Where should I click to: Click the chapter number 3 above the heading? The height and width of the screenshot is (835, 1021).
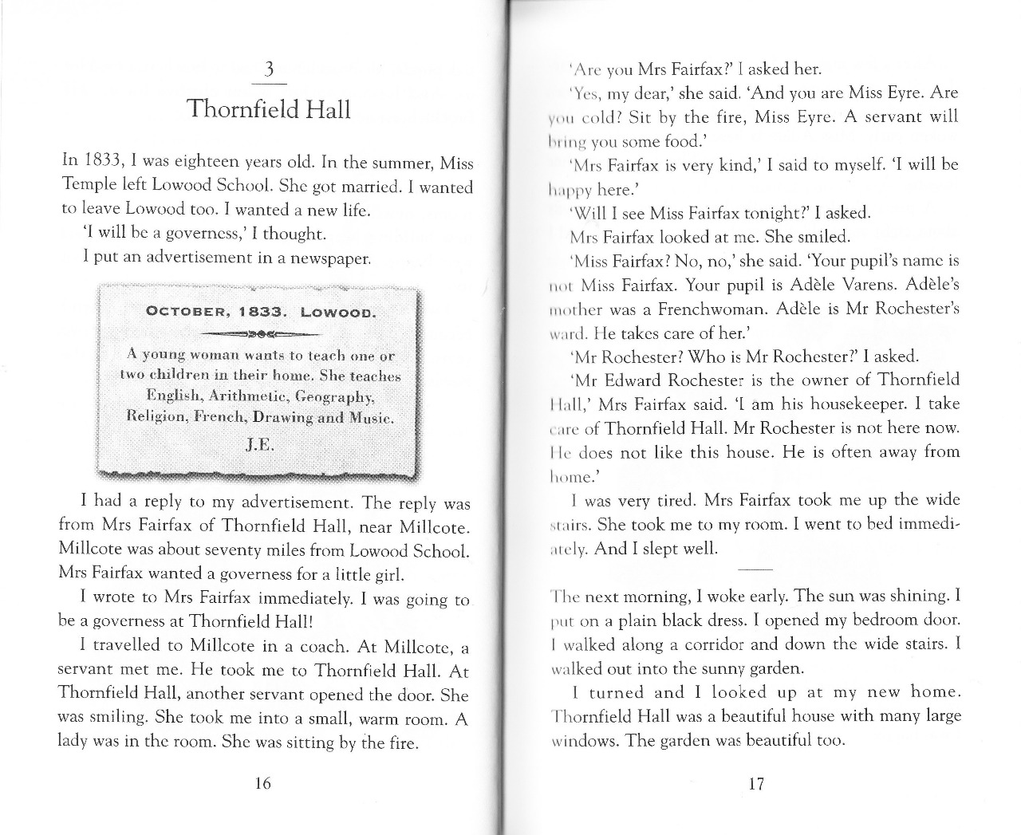(269, 70)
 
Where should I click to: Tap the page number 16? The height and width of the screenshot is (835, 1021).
(262, 783)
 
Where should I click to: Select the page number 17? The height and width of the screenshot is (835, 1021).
(756, 783)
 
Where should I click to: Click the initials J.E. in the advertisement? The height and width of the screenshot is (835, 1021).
(259, 444)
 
